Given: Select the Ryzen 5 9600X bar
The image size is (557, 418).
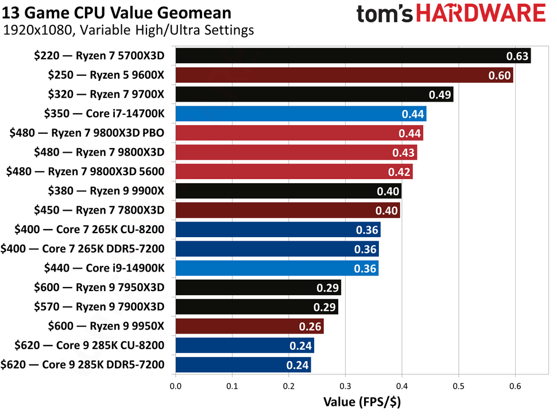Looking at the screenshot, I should pyautogui.click(x=344, y=75).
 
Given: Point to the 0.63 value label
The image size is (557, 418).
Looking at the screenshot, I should pyautogui.click(x=517, y=56).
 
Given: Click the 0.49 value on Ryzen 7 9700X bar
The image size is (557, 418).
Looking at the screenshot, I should pyautogui.click(x=440, y=95).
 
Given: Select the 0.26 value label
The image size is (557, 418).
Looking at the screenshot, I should pyautogui.click(x=310, y=326).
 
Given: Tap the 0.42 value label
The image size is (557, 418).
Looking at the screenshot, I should pyautogui.click(x=399, y=172).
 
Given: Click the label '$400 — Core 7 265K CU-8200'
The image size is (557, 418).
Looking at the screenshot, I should pyautogui.click(x=84, y=230).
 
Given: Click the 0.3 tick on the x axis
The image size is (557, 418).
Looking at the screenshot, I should pyautogui.click(x=346, y=386).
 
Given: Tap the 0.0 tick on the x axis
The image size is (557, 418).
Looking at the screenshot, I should pyautogui.click(x=176, y=386).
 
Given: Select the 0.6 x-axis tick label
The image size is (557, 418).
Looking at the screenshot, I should pyautogui.click(x=515, y=386).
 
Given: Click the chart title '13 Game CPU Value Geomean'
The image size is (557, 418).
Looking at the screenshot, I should pyautogui.click(x=117, y=12).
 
